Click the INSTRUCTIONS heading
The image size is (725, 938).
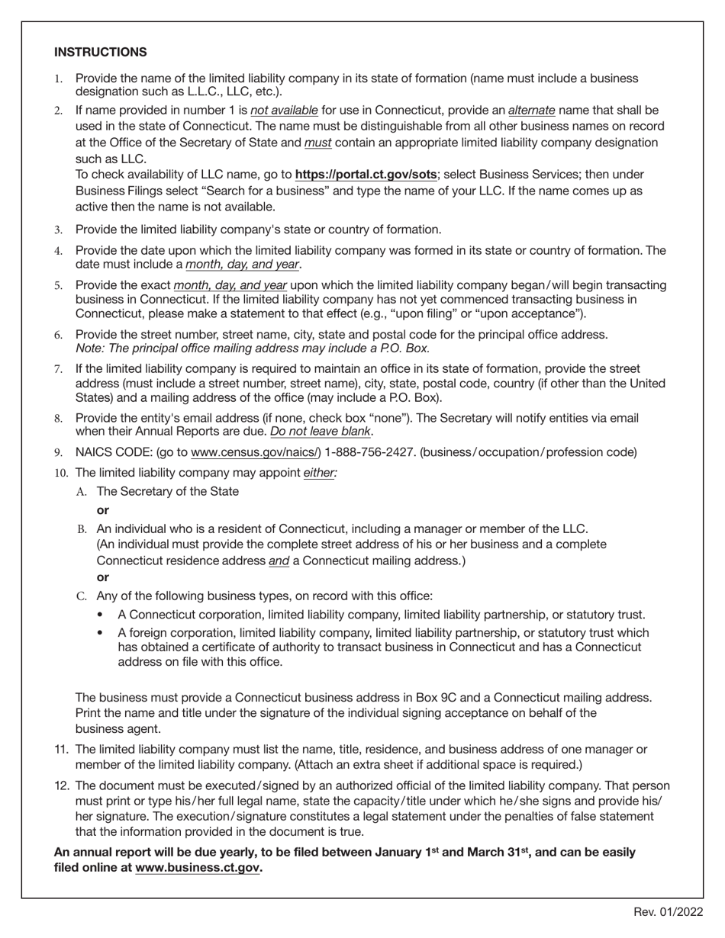pos(100,52)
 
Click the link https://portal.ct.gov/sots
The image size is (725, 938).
pos(366,175)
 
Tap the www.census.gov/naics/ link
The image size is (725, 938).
pos(256,452)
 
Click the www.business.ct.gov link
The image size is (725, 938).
pos(198,868)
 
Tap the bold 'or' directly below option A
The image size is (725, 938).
pos(103,510)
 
